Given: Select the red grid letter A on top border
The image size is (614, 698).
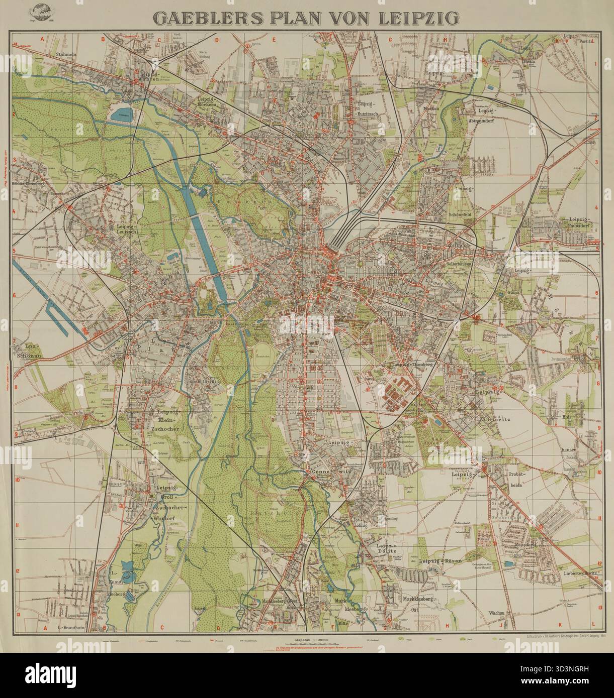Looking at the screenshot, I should [x=43, y=38].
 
